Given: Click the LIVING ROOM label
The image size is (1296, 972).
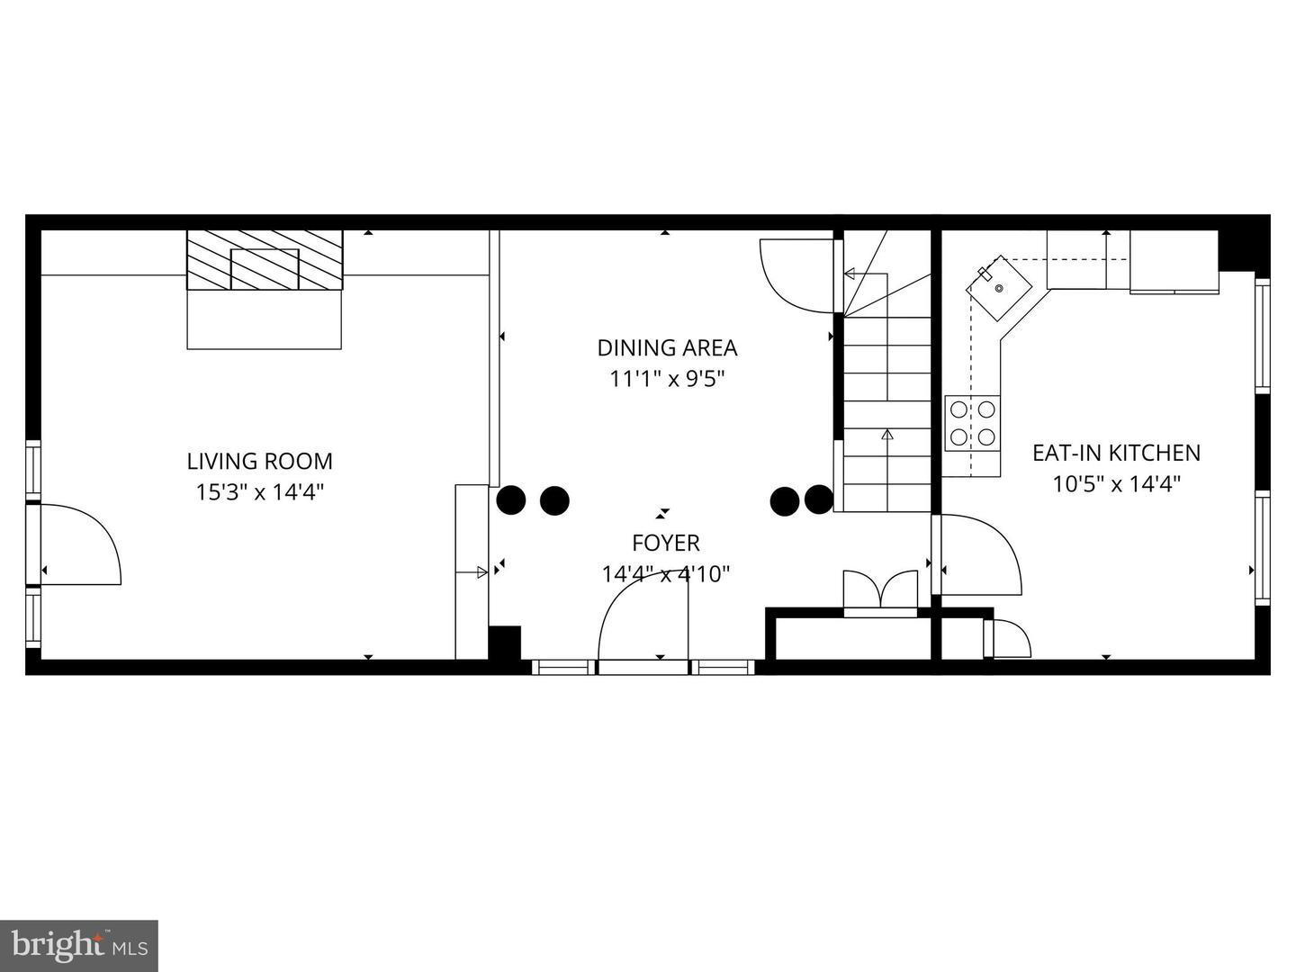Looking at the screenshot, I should tap(259, 461).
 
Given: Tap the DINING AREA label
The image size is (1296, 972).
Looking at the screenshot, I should tap(667, 347).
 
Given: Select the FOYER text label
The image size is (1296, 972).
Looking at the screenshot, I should tap(665, 543).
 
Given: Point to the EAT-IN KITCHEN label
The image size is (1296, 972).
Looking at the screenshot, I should tap(1116, 452).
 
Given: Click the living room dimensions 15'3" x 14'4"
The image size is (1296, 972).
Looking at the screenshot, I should tap(259, 491).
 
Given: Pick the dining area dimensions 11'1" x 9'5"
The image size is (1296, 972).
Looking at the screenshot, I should tap(667, 378).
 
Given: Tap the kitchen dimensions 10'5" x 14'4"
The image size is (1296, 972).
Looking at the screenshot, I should tap(1116, 483).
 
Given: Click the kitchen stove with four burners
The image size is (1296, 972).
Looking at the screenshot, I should tap(973, 423).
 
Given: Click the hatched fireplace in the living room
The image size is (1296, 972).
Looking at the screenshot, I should tap(265, 260).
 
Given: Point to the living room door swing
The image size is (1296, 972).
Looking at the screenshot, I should tap(81, 544).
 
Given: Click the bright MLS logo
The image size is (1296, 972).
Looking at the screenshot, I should tap(78, 945).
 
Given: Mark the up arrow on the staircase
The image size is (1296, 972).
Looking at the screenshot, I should tap(886, 436).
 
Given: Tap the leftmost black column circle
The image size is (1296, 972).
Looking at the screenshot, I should tap(511, 500).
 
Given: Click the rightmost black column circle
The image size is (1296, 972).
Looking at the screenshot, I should tap(818, 499).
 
